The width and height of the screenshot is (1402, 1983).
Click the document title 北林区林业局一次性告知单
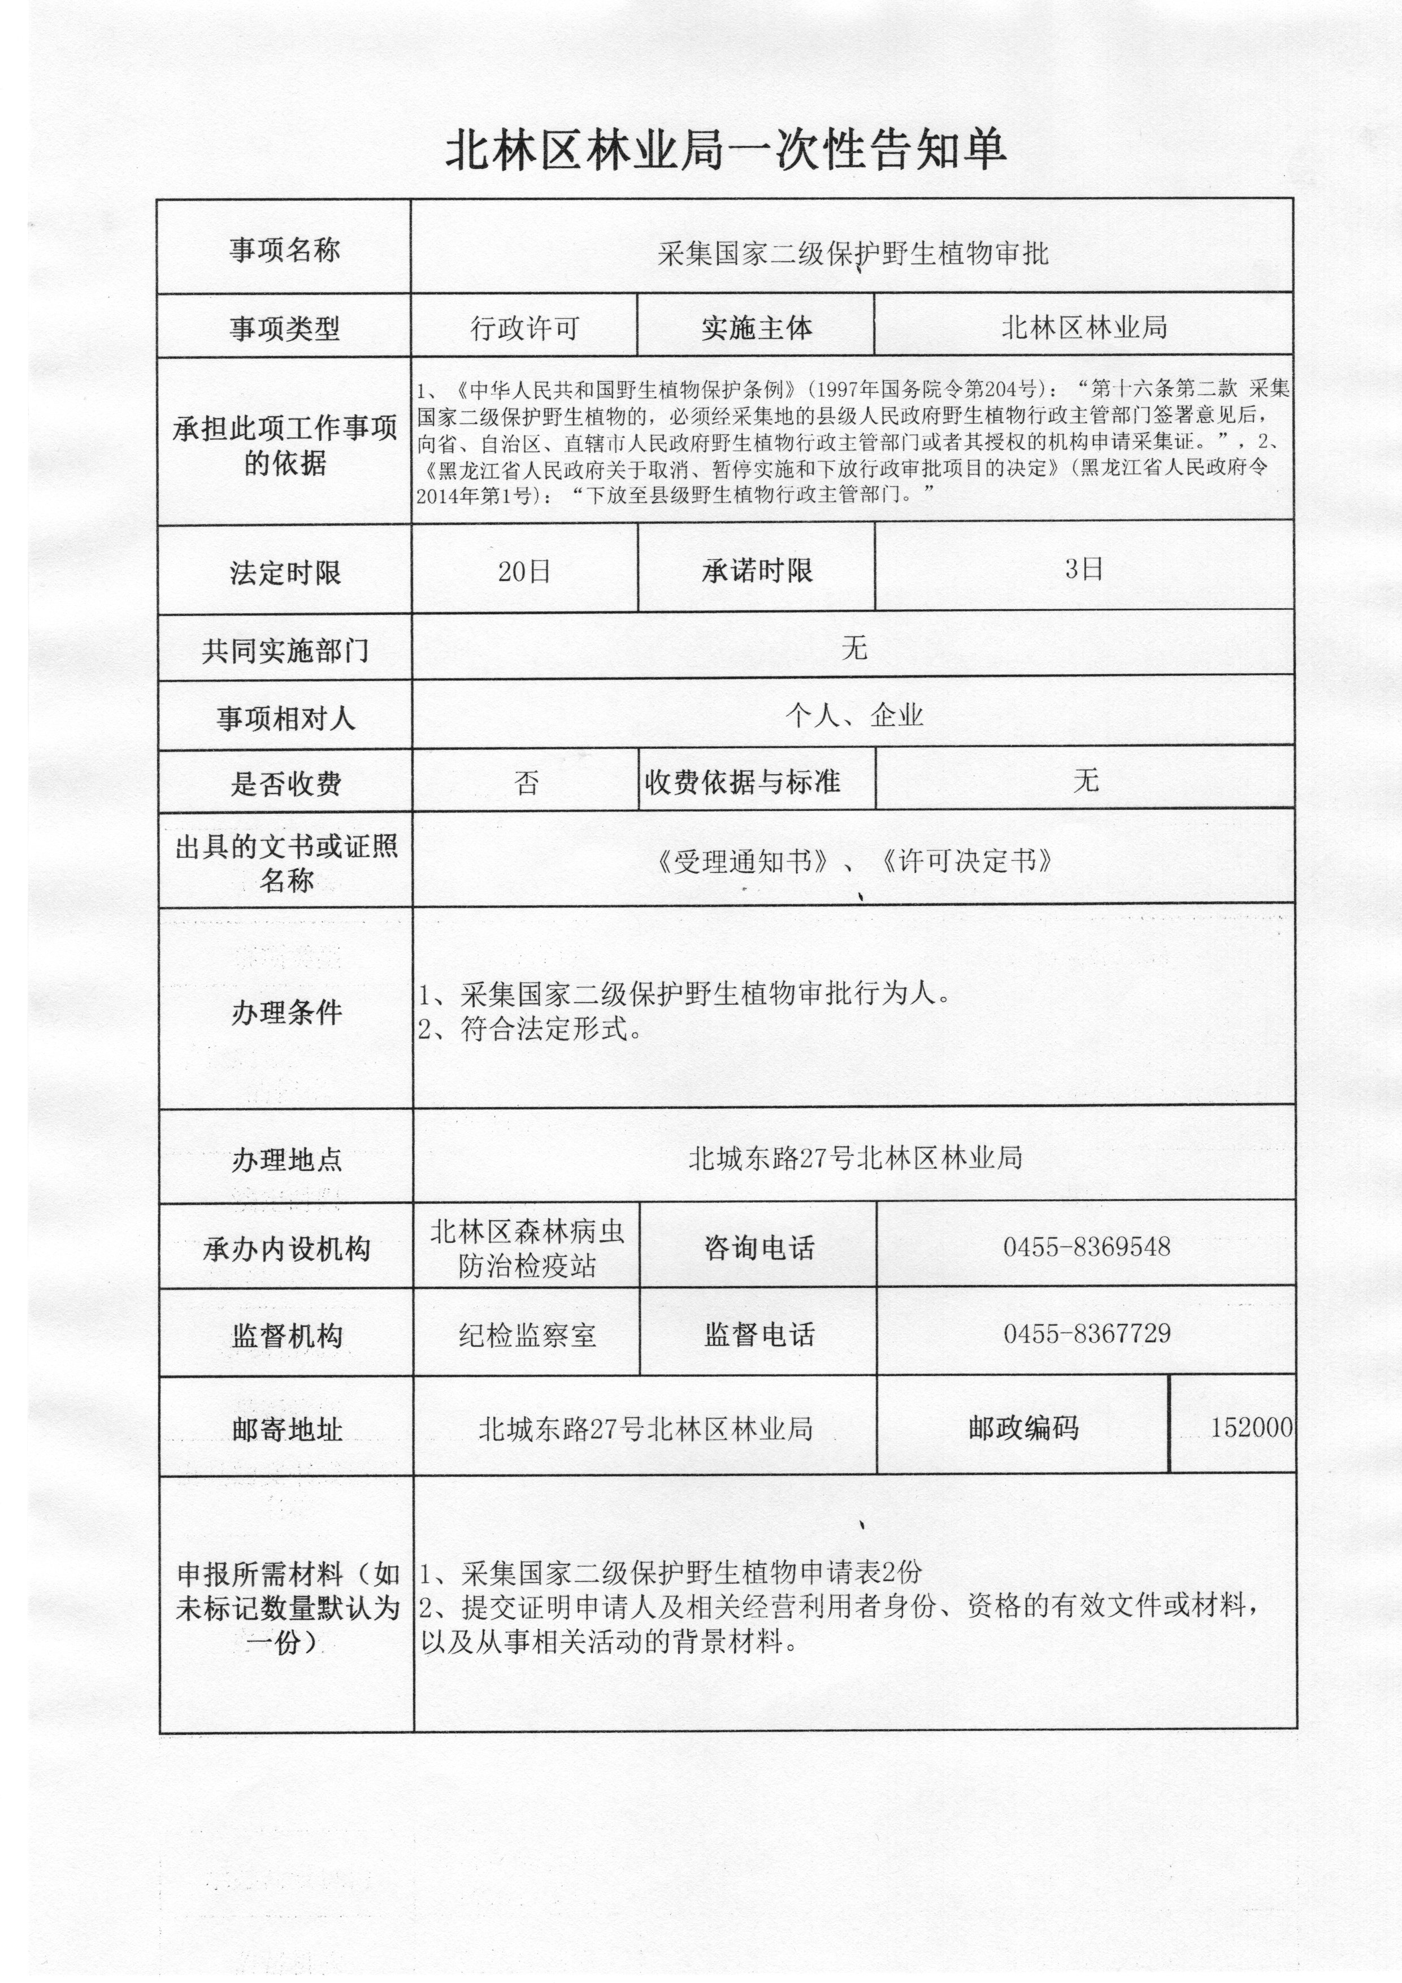[x=725, y=150]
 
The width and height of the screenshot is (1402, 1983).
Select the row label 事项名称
[x=284, y=250]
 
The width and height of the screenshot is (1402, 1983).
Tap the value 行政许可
[x=524, y=328]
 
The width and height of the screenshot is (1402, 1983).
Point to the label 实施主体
[x=757, y=328]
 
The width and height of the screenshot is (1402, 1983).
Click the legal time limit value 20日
[x=524, y=571]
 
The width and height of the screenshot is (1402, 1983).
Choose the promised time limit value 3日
[x=1083, y=569]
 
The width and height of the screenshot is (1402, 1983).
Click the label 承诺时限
[x=757, y=571]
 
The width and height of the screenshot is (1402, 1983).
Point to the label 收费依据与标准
[x=743, y=782]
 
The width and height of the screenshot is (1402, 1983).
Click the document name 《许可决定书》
[x=965, y=861]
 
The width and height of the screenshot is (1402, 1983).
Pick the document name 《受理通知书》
[x=744, y=862]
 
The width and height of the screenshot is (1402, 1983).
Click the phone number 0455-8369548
[x=1086, y=1246]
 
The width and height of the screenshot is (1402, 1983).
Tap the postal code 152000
[x=1251, y=1427]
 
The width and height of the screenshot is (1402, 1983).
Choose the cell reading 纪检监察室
[x=527, y=1336]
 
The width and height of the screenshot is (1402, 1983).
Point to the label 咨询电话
[x=758, y=1248]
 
